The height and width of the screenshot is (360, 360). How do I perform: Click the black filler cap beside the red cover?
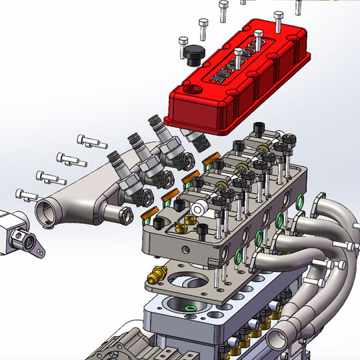(193, 55)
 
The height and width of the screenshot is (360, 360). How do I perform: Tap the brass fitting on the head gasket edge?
(159, 273)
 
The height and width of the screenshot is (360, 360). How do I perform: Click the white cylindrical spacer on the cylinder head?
(197, 209)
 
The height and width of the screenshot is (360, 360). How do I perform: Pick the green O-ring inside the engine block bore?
(192, 309)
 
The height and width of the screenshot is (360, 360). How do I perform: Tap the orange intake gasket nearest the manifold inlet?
(151, 214)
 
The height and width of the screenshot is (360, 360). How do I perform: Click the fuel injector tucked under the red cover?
(193, 138)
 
